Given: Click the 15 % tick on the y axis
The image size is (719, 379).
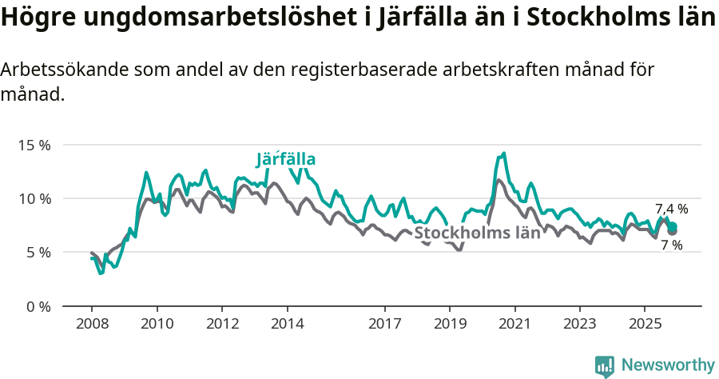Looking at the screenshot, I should click(34, 146).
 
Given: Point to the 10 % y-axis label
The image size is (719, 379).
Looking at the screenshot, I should click(34, 199).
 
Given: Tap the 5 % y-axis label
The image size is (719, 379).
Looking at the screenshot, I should click(38, 253).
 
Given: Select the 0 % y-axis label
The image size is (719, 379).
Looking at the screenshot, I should click(38, 306).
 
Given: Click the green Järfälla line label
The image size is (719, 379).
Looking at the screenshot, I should click(285, 159).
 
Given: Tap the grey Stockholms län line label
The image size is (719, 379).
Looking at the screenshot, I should click(478, 233).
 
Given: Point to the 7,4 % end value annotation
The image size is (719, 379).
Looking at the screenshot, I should click(671, 209).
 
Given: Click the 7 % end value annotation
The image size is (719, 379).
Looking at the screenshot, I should click(671, 245).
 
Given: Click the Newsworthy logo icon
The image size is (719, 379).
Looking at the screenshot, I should click(605, 365).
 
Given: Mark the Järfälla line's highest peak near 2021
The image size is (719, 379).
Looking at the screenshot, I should click(503, 154).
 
